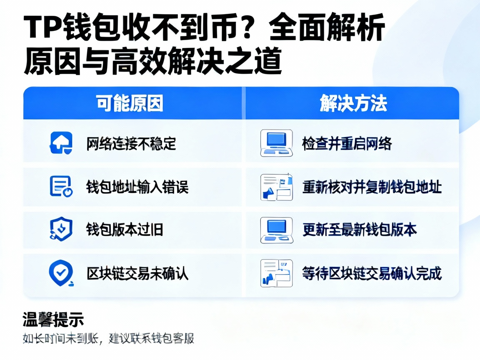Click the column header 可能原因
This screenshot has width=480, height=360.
click(130, 103)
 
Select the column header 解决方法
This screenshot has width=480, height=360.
click(353, 103)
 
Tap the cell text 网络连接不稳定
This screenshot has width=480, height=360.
click(131, 144)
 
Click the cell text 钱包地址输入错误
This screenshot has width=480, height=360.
click(137, 187)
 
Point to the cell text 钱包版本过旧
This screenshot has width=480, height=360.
click(125, 230)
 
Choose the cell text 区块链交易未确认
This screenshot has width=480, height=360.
click(137, 273)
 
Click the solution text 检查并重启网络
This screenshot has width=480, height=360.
click(347, 144)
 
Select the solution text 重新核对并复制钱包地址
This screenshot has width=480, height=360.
click(372, 187)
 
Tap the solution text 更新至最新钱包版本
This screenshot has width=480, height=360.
click(360, 230)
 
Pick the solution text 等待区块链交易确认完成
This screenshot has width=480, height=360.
click(372, 273)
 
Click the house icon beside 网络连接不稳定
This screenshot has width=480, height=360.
click(61, 143)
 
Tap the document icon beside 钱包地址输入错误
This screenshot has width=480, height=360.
click(61, 186)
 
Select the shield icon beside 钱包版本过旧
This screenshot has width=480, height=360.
click(61, 229)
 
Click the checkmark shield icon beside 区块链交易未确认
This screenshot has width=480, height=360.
click(61, 273)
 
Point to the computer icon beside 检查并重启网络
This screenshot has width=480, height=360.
click(276, 143)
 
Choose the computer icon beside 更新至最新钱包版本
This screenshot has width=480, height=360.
click(276, 230)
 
